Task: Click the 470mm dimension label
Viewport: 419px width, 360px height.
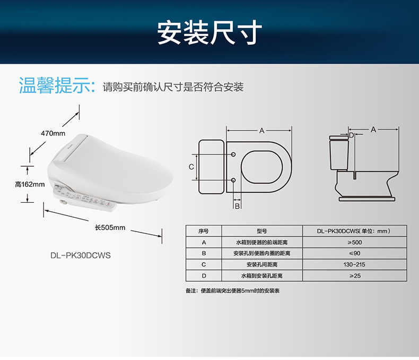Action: (53, 133)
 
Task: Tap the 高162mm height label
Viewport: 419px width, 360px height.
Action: (30, 184)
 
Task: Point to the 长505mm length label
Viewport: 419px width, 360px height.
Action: (110, 228)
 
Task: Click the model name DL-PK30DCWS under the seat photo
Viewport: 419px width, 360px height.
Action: (81, 255)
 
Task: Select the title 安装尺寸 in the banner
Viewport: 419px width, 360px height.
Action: (210, 32)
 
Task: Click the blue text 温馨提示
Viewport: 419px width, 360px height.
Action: (57, 85)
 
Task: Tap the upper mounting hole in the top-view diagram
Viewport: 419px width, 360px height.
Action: (233, 155)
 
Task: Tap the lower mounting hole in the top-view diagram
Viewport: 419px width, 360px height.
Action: (233, 180)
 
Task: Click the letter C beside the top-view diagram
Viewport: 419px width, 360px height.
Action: (191, 167)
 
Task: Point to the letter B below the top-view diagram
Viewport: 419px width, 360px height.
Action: (237, 206)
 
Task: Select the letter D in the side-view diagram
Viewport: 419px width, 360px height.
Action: (352, 135)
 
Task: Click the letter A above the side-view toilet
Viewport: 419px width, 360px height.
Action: (373, 130)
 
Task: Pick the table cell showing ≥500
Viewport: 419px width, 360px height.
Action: (355, 242)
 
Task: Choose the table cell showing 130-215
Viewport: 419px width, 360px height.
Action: (355, 264)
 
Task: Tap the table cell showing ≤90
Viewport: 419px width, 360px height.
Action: (355, 253)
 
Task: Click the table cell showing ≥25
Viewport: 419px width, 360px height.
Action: (355, 276)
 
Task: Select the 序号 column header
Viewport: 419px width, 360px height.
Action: (204, 231)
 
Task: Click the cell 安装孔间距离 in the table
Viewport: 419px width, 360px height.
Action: (262, 264)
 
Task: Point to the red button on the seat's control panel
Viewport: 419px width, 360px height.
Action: (109, 204)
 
